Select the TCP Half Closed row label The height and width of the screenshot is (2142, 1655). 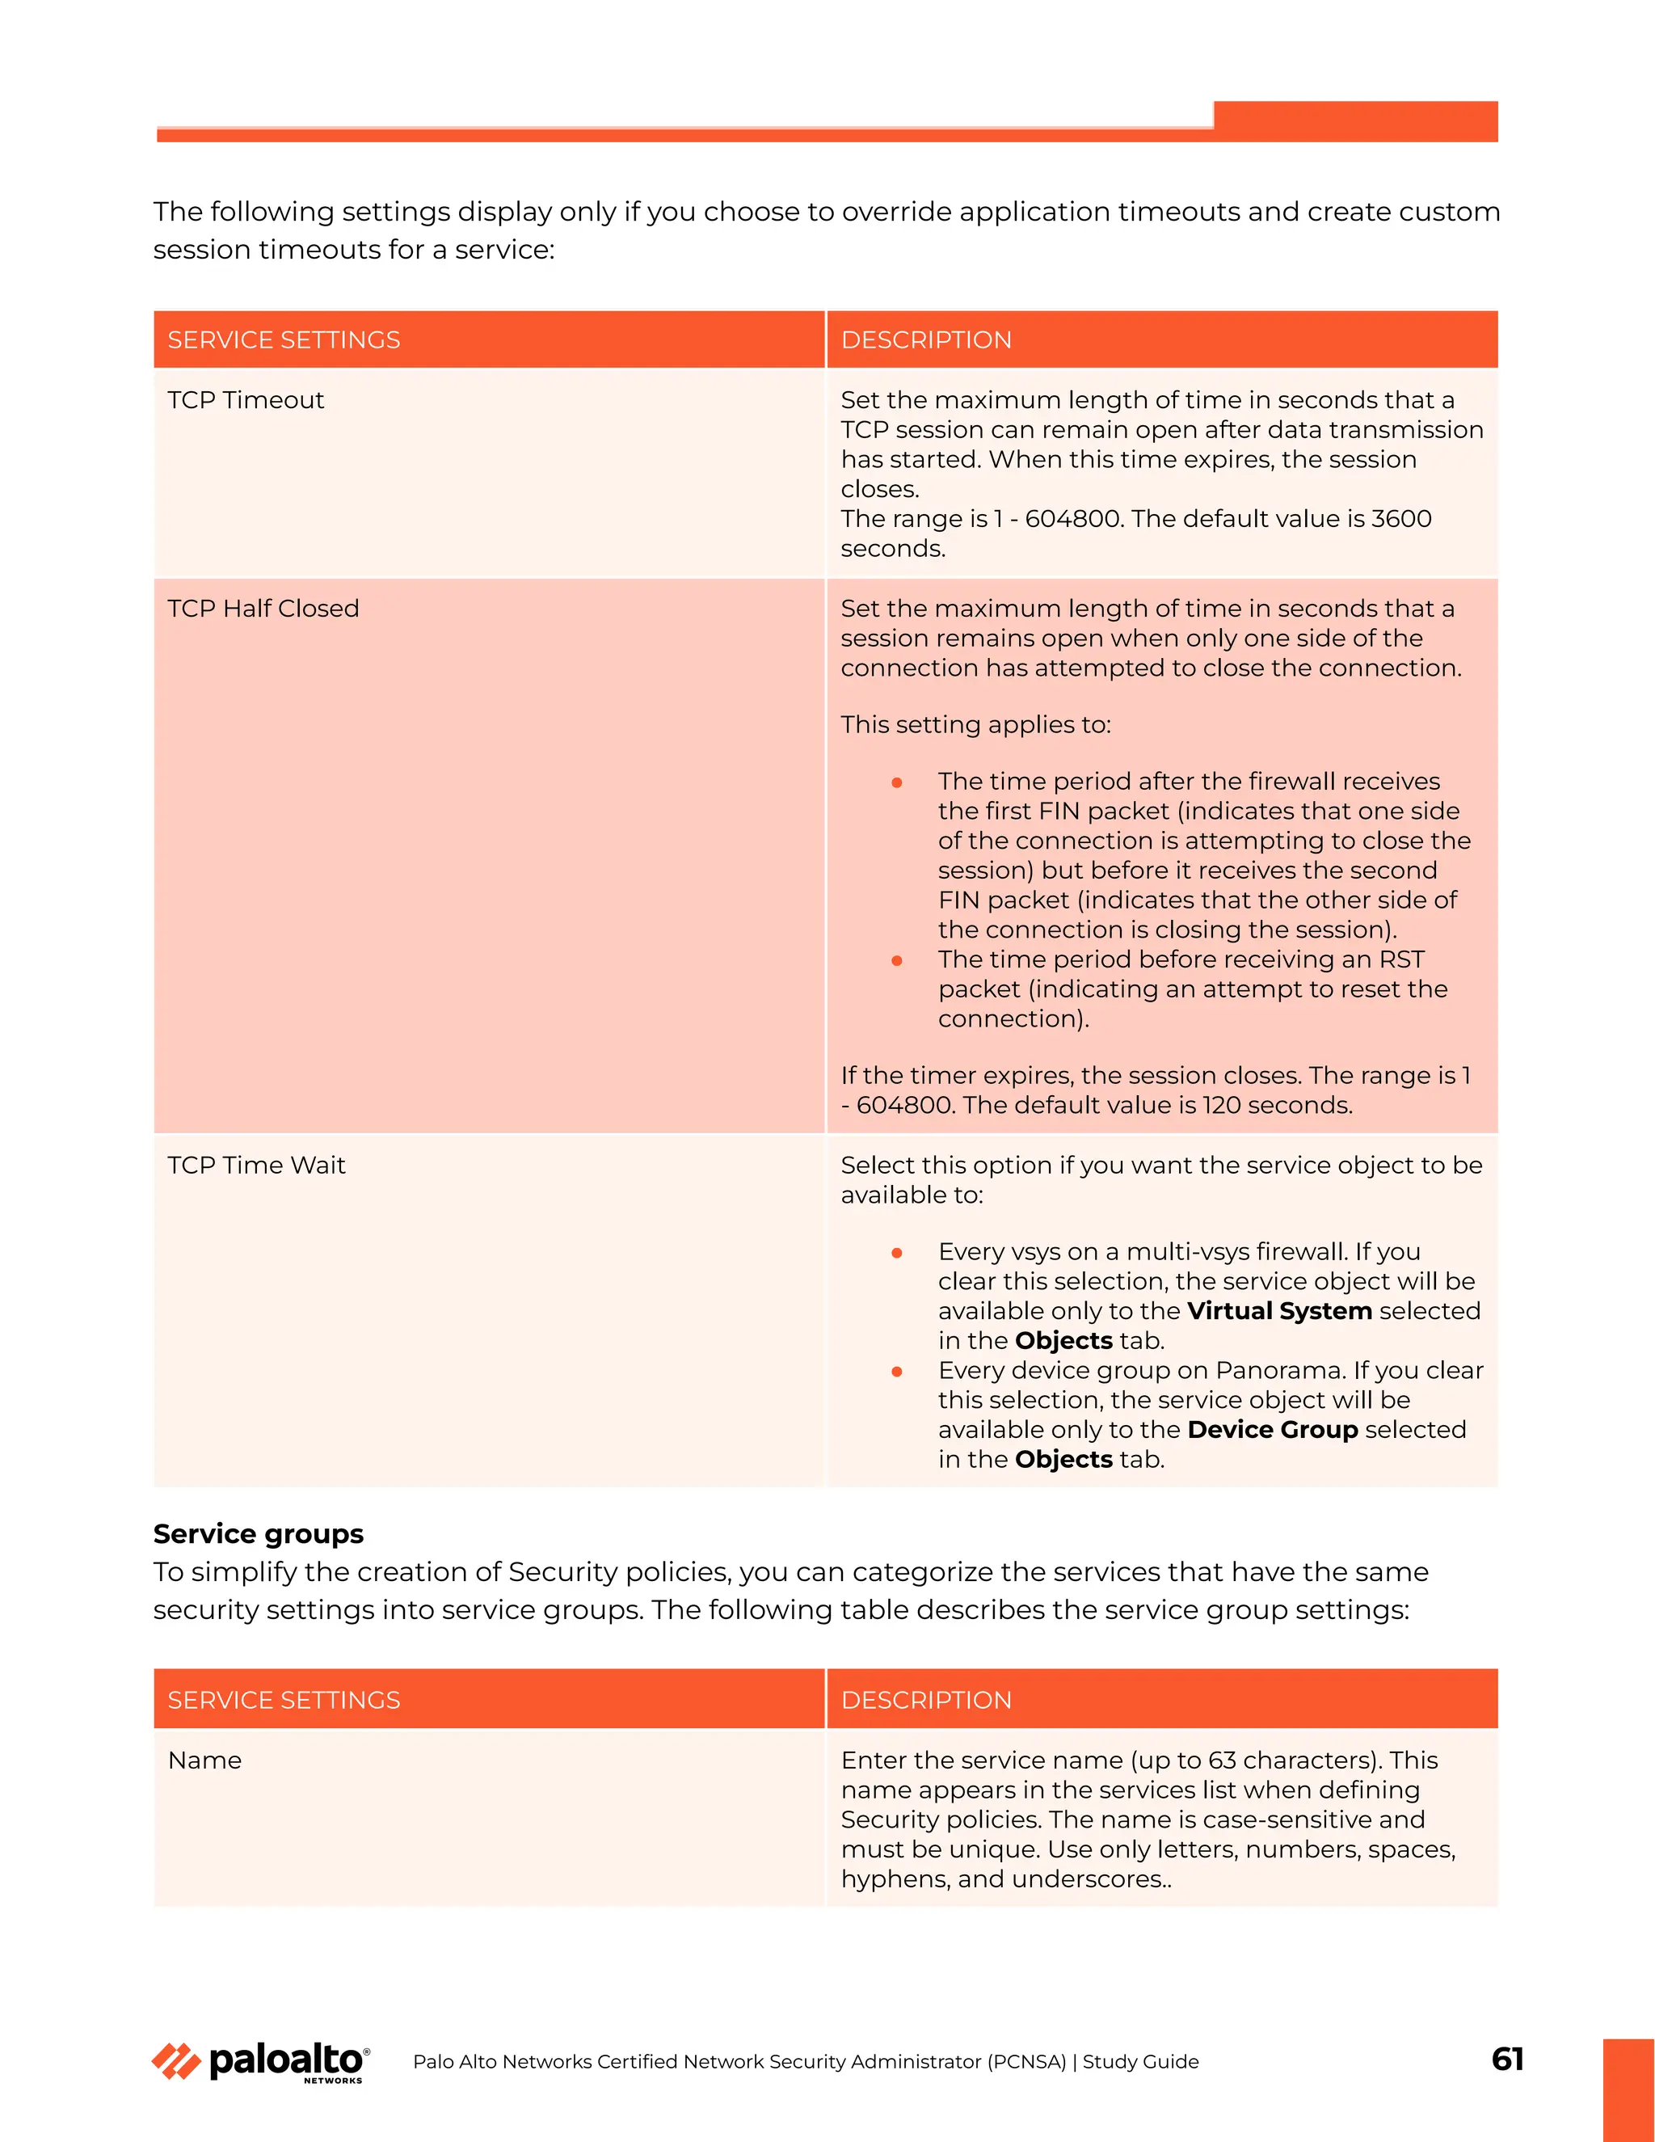click(263, 609)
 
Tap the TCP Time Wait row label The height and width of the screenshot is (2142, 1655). click(256, 1165)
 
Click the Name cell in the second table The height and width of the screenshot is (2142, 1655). click(205, 1760)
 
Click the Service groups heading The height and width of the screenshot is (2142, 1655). click(258, 1534)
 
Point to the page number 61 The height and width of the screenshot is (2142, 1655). click(1507, 2059)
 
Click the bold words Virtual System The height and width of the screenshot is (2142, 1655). click(1278, 1311)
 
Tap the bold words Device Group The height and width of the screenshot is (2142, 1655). click(1272, 1430)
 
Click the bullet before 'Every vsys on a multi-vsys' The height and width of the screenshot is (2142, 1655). click(896, 1254)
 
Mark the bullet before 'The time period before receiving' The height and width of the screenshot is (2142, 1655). click(896, 961)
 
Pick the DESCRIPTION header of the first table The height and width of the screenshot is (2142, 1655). click(925, 340)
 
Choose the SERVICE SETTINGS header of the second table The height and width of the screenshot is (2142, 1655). click(284, 1701)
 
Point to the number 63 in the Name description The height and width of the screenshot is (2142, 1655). click(1222, 1760)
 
